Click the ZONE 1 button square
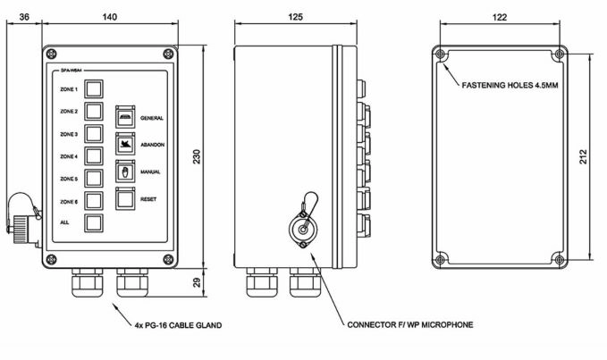click(x=95, y=89)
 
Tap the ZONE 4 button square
click(x=95, y=156)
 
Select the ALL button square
click(x=95, y=223)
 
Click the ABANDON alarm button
click(x=124, y=143)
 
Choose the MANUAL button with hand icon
click(x=124, y=171)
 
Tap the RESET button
click(x=124, y=198)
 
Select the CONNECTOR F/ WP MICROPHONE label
click(x=410, y=324)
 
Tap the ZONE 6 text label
click(x=69, y=202)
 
